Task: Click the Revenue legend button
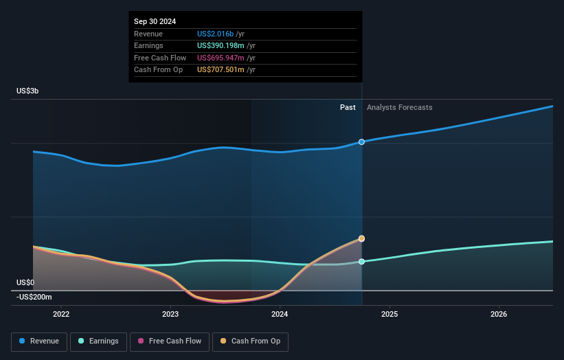coord(39,341)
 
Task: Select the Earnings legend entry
coord(98,341)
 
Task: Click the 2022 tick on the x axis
coord(61,314)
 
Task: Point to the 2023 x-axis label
coord(170,314)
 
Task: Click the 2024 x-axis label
coord(280,314)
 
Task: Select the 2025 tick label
coord(389,314)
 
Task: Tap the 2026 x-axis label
coord(499,314)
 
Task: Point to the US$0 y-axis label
coord(25,282)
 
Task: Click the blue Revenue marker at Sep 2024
coord(361,142)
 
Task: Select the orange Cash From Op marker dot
coord(361,238)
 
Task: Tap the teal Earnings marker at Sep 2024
coord(361,262)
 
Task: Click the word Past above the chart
coord(348,107)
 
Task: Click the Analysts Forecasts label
coord(399,107)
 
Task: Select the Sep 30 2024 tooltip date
coord(155,21)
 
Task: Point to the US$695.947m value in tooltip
coord(221,58)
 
